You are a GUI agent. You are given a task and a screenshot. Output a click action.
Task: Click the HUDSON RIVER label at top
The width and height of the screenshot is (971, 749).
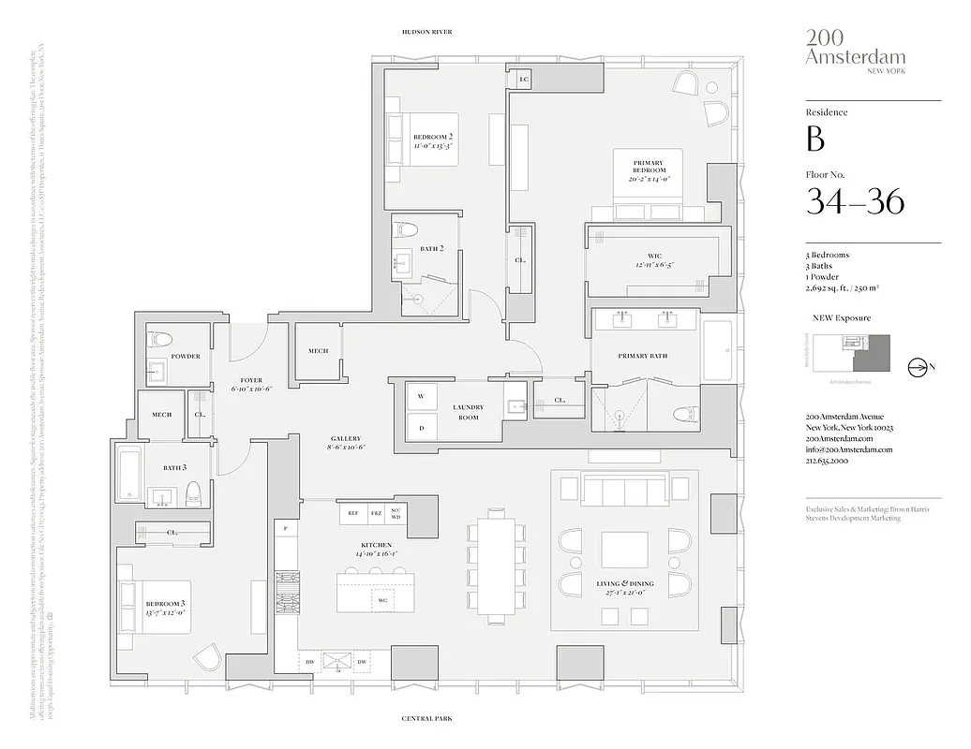point(426,32)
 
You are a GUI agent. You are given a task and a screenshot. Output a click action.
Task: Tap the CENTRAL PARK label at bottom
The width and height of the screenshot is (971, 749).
point(426,719)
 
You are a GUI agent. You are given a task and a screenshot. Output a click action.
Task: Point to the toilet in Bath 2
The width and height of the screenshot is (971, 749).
point(408,230)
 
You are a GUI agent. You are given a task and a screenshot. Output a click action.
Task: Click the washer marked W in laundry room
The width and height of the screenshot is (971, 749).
point(421,397)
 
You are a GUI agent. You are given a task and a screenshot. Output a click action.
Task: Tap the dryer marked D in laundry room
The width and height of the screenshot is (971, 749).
point(421,428)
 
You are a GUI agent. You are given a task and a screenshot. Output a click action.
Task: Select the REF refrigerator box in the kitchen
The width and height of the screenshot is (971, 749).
point(352,513)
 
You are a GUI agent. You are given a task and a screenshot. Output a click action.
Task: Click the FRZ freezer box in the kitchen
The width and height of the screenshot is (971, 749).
point(377,513)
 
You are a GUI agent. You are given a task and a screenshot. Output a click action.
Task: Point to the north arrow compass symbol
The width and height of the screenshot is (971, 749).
point(919,367)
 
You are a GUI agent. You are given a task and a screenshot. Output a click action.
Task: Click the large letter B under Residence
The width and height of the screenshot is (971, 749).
point(815,139)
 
